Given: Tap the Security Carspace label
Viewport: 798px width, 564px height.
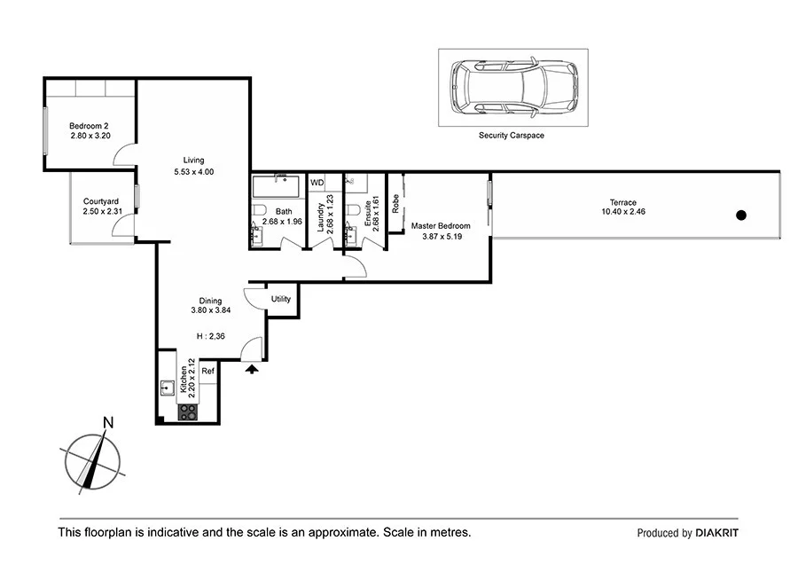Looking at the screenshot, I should [511, 136].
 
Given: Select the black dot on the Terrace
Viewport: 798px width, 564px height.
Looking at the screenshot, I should [741, 215].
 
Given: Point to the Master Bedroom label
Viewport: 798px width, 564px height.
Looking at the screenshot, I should [441, 226].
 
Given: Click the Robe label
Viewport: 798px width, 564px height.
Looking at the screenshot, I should [395, 203].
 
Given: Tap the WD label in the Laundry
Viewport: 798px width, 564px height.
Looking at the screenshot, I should [317, 183].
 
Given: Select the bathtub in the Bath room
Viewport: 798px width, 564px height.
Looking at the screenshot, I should [277, 186].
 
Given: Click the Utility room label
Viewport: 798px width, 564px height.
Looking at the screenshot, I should [281, 300].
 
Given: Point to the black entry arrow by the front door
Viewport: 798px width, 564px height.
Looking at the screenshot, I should [253, 368].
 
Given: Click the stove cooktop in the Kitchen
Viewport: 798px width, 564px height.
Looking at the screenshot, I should [188, 411].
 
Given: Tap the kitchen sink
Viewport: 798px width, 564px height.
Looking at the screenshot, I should [167, 388].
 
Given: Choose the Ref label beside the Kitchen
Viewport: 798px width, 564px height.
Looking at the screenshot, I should [208, 371].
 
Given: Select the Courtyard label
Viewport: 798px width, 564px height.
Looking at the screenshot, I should [101, 201].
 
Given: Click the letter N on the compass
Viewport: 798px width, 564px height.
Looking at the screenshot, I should [108, 422].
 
